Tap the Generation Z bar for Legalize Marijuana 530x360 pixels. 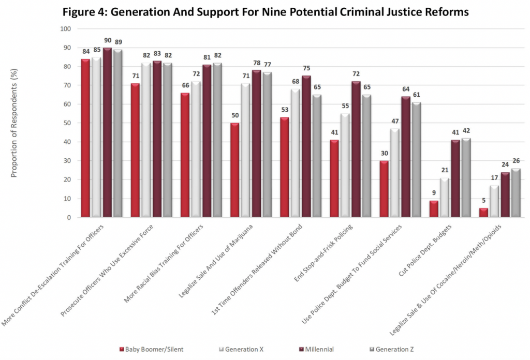(x=267, y=145)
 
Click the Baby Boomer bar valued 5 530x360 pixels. (x=484, y=213)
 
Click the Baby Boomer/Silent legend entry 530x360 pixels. (x=152, y=349)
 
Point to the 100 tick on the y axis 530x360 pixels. (x=65, y=29)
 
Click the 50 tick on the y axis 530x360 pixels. (x=67, y=123)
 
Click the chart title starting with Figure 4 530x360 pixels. (x=265, y=12)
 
